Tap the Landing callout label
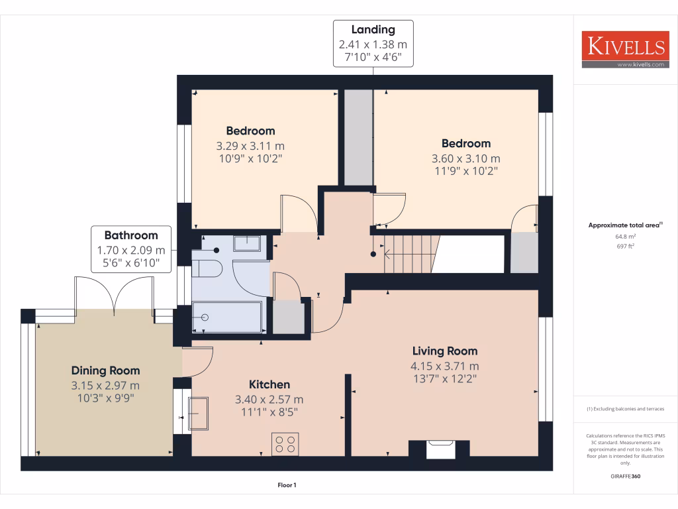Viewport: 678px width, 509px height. tap(373, 43)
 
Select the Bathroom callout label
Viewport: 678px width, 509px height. tap(131, 249)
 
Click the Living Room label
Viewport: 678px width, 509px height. tap(444, 351)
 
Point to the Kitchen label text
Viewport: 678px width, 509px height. tap(269, 384)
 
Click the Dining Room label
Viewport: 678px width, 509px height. tap(105, 370)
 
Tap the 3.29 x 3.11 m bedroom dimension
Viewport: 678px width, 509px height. tap(250, 146)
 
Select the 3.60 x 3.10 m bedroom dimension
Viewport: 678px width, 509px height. tap(465, 158)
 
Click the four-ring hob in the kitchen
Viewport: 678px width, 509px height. tap(285, 443)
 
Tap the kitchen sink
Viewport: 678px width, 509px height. tap(199, 413)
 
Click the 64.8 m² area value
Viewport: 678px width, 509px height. tap(626, 236)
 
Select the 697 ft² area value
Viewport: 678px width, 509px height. tap(626, 246)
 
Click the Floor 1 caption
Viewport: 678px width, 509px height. tap(287, 485)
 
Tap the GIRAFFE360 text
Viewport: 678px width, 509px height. tap(626, 476)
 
